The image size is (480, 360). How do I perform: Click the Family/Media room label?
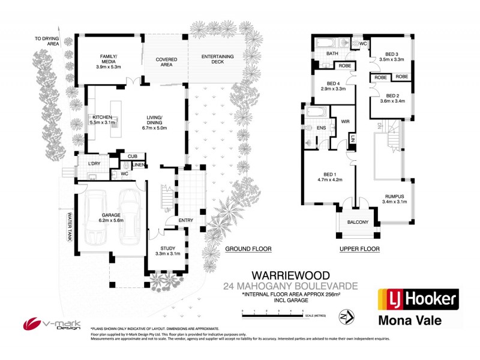109,62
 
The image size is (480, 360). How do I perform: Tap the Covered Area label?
166,63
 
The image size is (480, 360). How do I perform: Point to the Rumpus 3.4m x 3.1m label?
394,199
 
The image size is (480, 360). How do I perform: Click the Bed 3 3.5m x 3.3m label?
392,57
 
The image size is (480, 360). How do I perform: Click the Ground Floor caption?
248,248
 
